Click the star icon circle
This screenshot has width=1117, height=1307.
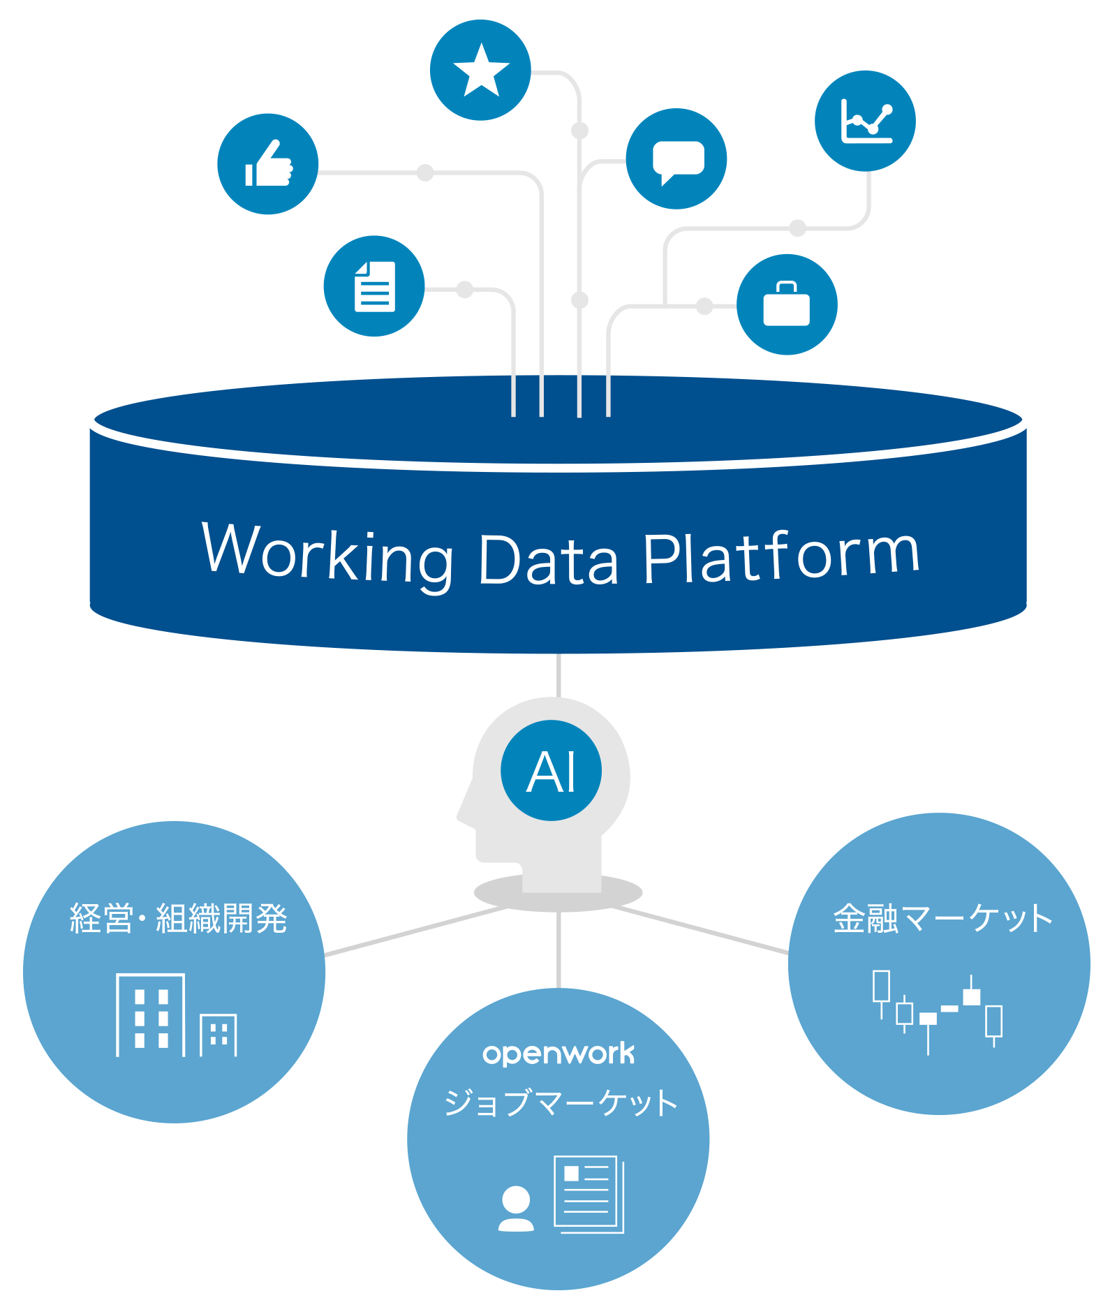480,70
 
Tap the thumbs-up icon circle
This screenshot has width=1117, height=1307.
268,164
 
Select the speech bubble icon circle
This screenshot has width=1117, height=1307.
676,158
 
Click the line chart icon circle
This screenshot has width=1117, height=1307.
865,121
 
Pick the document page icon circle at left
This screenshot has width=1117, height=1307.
374,286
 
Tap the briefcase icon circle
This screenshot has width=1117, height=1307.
787,304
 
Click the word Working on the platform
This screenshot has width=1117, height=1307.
328,555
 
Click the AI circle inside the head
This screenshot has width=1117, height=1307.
551,771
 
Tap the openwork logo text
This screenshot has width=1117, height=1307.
558,1054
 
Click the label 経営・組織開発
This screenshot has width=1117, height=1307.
178,919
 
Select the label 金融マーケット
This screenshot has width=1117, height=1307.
942,919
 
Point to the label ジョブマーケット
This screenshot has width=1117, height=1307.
561,1103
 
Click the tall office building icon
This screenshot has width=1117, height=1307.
151,1014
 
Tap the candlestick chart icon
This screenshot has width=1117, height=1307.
938,1011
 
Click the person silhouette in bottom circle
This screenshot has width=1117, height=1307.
516,1209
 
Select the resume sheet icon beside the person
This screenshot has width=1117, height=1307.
588,1194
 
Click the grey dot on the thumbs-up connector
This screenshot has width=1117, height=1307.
425,172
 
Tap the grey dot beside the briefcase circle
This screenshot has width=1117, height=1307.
704,306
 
